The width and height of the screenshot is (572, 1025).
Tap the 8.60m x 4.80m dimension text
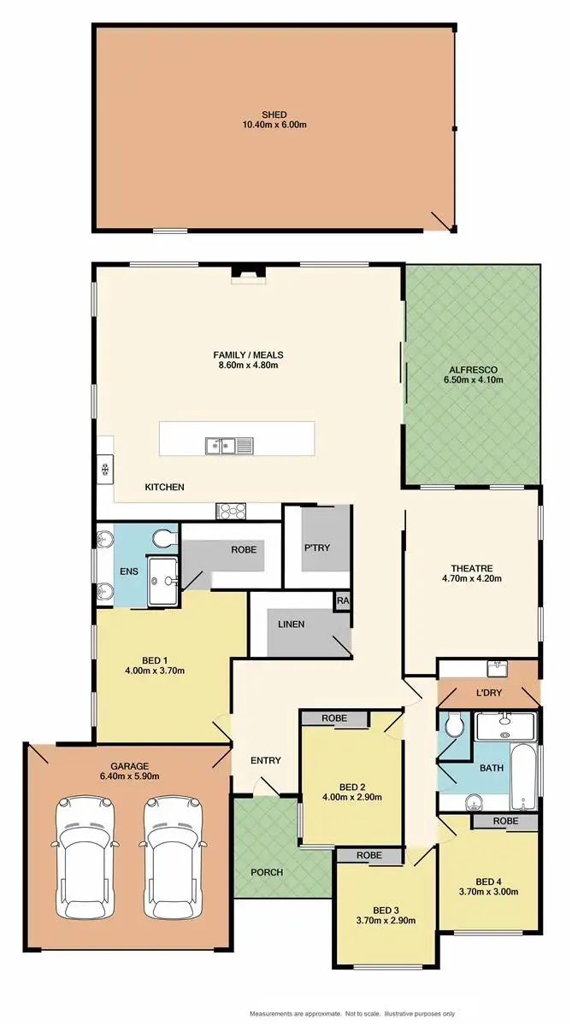248,366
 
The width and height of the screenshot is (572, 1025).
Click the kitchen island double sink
220,444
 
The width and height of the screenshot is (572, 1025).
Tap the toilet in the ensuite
163,538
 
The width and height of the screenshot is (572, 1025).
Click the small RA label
343,600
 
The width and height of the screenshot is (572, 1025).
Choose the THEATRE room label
473,567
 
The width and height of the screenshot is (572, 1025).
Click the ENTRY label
266,760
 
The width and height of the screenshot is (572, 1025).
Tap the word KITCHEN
164,487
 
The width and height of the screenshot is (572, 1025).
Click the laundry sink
494,667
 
